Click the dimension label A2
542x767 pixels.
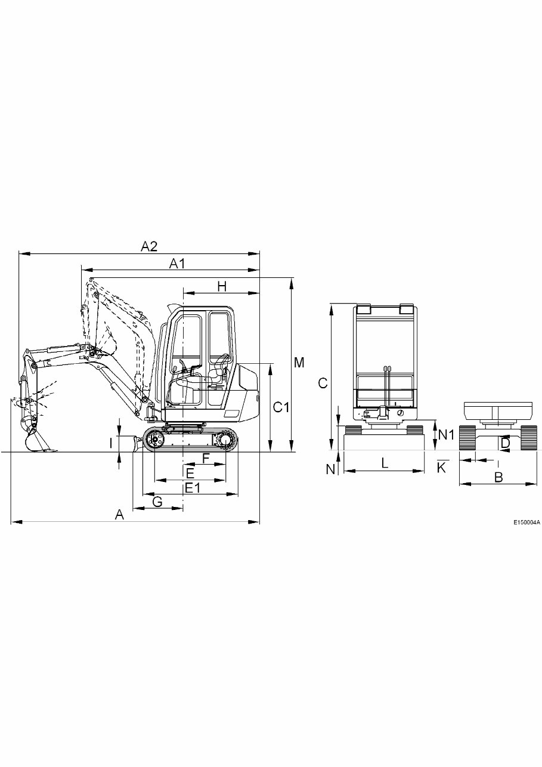click(148, 245)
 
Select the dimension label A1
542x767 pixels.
click(177, 263)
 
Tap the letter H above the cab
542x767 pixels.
click(222, 286)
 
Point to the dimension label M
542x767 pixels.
click(299, 362)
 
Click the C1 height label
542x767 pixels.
click(281, 407)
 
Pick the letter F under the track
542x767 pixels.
click(206, 458)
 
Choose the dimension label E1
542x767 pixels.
click(191, 488)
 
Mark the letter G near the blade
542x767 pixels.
click(157, 502)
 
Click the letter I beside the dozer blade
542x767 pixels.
click(110, 443)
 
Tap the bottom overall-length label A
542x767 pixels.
click(119, 515)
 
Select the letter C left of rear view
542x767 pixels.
click(323, 383)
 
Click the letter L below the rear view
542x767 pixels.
click(385, 462)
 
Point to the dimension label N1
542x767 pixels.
click(447, 435)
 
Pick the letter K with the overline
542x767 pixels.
click(441, 468)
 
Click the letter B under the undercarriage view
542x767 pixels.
click(498, 477)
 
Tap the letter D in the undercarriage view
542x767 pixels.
click(505, 444)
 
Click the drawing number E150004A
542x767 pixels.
click(526, 522)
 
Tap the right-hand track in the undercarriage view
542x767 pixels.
click(529, 438)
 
